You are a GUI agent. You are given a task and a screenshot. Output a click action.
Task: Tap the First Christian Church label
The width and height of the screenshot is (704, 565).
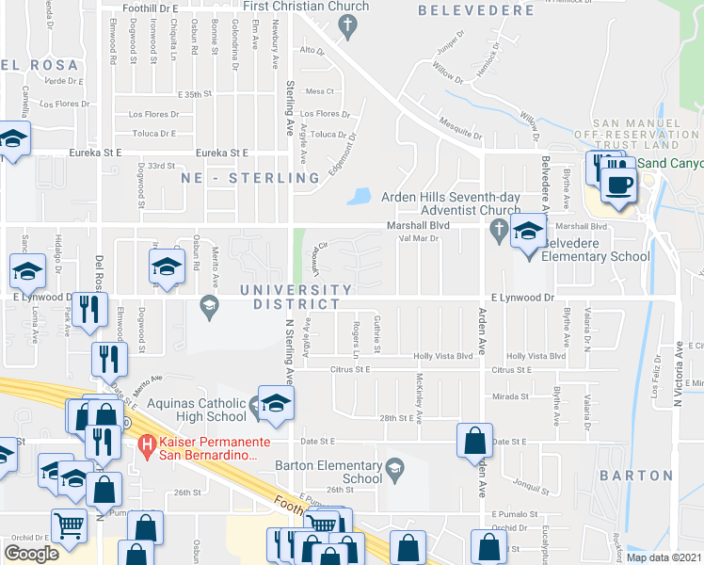click(x=293, y=7)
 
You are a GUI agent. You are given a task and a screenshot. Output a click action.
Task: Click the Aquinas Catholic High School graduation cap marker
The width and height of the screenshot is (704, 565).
click(x=277, y=403)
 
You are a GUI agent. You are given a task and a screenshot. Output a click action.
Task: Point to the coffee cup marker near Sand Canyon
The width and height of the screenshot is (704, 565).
click(x=618, y=185)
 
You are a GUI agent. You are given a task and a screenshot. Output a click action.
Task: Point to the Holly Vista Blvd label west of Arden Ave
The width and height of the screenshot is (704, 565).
click(x=442, y=357)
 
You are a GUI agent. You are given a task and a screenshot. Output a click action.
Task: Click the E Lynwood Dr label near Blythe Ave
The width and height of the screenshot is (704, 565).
click(x=523, y=297)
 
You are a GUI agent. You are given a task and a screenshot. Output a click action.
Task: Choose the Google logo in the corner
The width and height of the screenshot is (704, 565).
click(x=31, y=553)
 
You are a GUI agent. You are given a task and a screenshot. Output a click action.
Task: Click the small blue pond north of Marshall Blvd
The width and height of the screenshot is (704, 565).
click(x=358, y=197)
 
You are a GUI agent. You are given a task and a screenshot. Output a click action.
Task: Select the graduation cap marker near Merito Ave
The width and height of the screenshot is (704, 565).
click(x=166, y=268)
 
